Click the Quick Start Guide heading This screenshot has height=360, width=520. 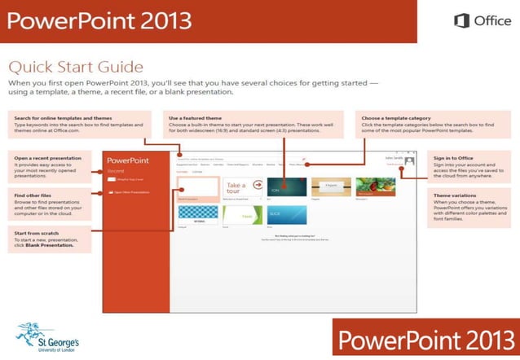click(75, 67)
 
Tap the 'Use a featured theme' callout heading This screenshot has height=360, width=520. click(193, 118)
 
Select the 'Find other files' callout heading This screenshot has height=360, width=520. click(33, 195)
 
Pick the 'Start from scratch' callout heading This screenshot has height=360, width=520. click(37, 234)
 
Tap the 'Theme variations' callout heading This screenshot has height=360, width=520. click(453, 195)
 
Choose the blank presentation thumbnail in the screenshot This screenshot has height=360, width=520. click(198, 187)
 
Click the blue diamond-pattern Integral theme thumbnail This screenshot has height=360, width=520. click(198, 215)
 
